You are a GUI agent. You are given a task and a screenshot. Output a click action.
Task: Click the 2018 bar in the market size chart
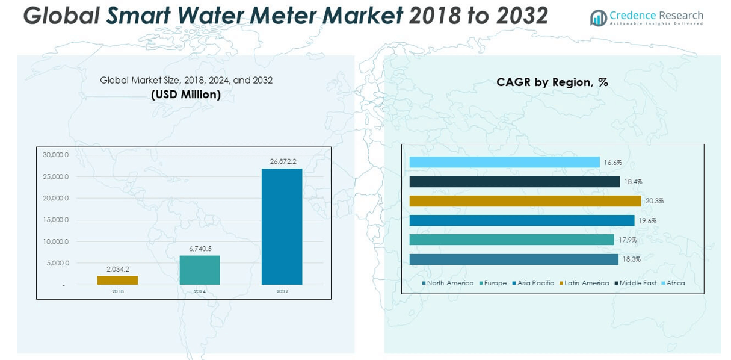coord(117,280)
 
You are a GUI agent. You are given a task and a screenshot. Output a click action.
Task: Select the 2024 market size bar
coord(200,270)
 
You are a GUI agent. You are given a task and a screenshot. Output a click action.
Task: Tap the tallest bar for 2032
coord(282,226)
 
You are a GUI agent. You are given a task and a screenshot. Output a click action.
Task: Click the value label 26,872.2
coord(282,161)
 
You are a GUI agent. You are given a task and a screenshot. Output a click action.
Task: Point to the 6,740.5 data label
coord(200,249)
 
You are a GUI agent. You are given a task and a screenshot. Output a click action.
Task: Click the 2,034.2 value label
coord(117,269)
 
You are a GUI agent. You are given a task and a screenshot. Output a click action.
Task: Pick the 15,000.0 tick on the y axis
coord(55,220)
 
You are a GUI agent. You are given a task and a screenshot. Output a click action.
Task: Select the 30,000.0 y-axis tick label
coord(55,155)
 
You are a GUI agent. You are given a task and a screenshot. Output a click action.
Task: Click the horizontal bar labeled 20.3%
coord(525,201)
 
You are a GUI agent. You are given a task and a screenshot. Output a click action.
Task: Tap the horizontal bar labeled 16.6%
coord(504,162)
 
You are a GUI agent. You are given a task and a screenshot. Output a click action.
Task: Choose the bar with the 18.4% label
coord(514,181)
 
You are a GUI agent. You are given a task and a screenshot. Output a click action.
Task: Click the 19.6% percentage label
coord(647,220)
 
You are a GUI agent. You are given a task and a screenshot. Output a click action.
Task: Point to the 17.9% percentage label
coord(628,240)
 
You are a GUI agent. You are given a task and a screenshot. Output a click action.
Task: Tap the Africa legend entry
coord(675,283)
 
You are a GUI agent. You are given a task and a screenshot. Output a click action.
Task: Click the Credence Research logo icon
coord(599,18)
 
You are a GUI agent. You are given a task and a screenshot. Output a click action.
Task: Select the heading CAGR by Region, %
coord(552,82)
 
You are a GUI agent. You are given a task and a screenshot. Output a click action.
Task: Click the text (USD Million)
coord(186,95)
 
